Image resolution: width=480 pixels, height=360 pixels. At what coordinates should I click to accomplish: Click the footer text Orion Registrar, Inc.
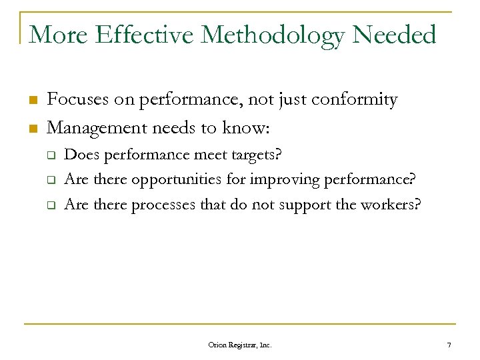(240, 345)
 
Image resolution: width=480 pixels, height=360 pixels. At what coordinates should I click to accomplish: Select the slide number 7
(449, 345)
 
